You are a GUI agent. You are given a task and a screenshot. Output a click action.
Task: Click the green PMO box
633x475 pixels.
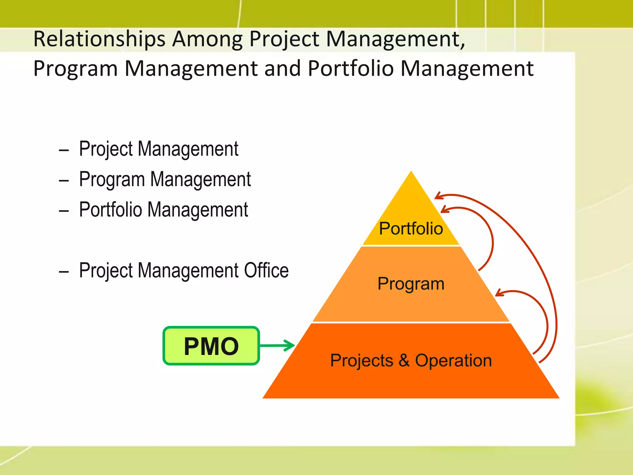click(211, 346)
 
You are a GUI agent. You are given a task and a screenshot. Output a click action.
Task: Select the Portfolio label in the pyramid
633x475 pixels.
click(411, 229)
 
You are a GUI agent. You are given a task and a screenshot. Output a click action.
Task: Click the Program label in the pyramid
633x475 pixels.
click(411, 284)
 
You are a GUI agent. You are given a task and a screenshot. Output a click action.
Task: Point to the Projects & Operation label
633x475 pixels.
click(411, 360)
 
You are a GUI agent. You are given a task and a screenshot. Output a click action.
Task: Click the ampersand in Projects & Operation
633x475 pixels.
click(404, 360)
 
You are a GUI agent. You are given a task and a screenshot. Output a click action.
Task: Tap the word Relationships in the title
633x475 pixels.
click(99, 39)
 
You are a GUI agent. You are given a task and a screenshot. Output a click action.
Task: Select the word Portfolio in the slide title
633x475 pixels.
click(351, 68)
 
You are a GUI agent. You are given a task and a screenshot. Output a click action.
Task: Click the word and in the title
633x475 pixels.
click(283, 68)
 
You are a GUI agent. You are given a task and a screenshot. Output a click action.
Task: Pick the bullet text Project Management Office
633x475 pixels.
click(184, 271)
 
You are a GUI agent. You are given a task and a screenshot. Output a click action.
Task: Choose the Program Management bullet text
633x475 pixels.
click(165, 179)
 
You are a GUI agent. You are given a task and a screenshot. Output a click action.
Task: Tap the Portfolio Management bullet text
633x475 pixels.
click(164, 210)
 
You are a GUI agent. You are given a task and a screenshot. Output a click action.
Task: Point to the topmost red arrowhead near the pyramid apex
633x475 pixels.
click(438, 196)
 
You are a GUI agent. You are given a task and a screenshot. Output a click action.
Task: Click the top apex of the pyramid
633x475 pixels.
click(411, 172)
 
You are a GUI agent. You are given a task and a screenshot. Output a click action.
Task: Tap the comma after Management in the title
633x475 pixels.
click(462, 46)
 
